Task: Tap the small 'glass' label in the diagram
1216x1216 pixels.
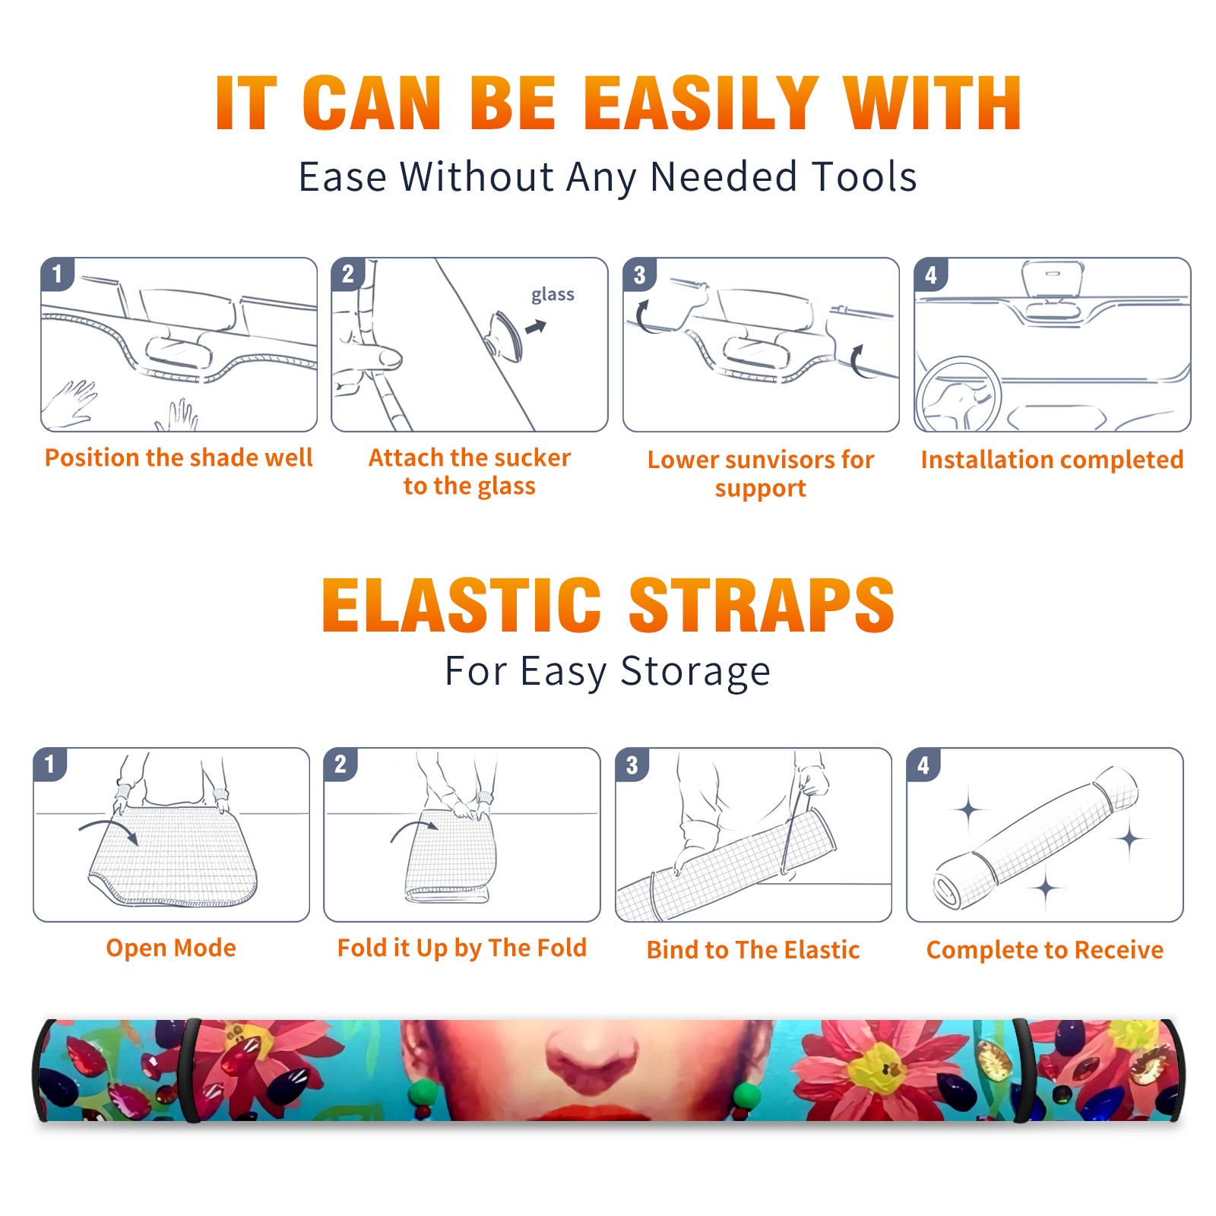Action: [553, 295]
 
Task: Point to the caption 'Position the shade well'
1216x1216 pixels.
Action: [179, 458]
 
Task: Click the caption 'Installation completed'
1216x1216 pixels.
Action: [1052, 459]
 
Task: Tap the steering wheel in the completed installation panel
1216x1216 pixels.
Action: [958, 394]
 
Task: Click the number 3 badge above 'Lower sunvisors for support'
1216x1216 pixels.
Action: [639, 275]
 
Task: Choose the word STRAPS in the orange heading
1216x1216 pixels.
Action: [762, 605]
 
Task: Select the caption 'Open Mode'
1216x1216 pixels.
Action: [171, 948]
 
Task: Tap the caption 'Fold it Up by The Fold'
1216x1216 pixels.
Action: [462, 948]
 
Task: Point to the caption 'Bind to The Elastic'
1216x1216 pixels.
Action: [753, 950]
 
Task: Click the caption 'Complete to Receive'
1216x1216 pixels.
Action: [1045, 950]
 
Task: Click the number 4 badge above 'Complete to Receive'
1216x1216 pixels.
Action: [923, 765]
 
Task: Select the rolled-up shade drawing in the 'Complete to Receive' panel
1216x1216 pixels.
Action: [1036, 838]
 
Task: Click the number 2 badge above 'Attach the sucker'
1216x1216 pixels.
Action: [348, 274]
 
